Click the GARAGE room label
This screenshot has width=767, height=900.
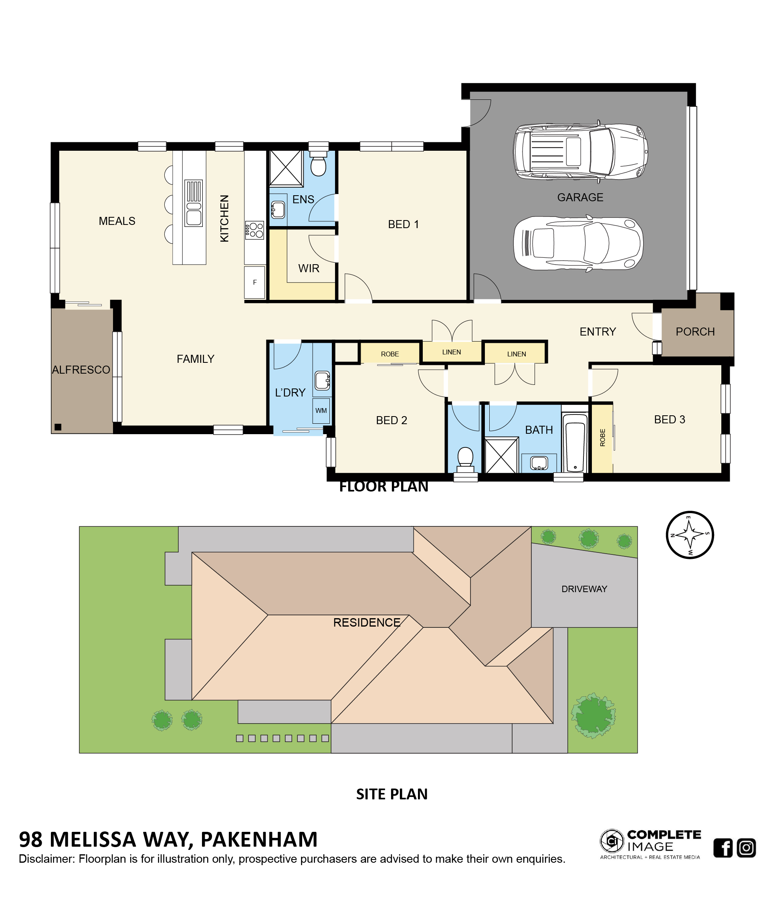tap(580, 197)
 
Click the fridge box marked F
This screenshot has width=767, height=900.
tap(254, 282)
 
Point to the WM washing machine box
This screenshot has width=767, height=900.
tap(321, 411)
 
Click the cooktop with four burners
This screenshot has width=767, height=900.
tap(254, 230)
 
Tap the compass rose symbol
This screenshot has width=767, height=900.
tap(689, 535)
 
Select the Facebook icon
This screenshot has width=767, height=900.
tap(723, 847)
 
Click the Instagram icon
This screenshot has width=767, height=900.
tap(746, 847)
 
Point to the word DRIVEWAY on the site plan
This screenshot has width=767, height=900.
tap(584, 589)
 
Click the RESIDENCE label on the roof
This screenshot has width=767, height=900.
tap(366, 623)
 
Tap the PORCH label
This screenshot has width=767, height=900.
tap(695, 332)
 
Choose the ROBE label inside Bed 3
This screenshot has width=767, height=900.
tap(602, 437)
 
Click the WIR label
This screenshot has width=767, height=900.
tap(309, 269)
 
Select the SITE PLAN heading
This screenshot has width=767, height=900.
tap(392, 794)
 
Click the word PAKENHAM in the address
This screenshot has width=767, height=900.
tap(259, 839)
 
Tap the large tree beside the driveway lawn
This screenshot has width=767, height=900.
tap(593, 716)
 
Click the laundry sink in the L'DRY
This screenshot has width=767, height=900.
tap(322, 380)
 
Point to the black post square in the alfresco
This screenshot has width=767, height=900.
tap(58, 427)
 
